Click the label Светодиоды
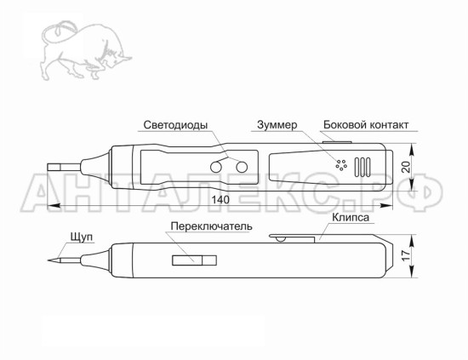pyautogui.click(x=175, y=125)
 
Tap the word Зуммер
pyautogui.click(x=277, y=124)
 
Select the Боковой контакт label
pyautogui.click(x=366, y=124)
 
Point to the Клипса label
pyautogui.click(x=351, y=217)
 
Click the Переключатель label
pyautogui.click(x=211, y=226)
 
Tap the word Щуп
pyautogui.click(x=82, y=237)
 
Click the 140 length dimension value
pyautogui.click(x=220, y=199)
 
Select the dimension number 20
pyautogui.click(x=406, y=167)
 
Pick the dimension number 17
pyautogui.click(x=406, y=256)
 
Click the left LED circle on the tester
pyautogui.click(x=216, y=167)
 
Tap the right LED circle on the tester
pyautogui.click(x=242, y=167)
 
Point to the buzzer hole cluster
pyautogui.click(x=341, y=165)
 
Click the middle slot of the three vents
pyautogui.click(x=362, y=167)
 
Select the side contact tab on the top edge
pyautogui.click(x=337, y=142)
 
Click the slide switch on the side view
pyautogui.click(x=194, y=260)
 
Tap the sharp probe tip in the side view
pyautogui.click(x=49, y=260)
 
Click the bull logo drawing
pyautogui.click(x=86, y=50)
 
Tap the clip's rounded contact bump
pyautogui.click(x=281, y=239)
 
